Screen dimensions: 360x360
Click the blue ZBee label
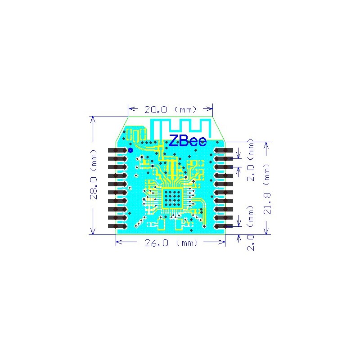[x=187, y=141]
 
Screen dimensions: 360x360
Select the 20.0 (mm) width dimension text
[x=170, y=109]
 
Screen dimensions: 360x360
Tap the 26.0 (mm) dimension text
[x=171, y=243]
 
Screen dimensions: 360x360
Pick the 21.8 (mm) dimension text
[x=267, y=189]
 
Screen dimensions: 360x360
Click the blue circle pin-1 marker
[x=130, y=149]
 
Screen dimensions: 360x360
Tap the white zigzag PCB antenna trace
[x=180, y=126]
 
